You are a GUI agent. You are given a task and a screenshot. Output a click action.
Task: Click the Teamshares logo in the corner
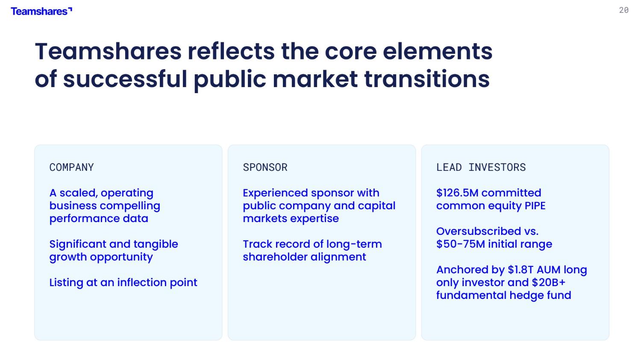point(41,12)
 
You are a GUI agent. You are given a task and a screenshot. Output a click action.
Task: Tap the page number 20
point(624,10)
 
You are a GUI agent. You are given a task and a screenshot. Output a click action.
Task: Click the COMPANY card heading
point(71,167)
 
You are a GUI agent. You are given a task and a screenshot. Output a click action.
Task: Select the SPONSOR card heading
point(265,167)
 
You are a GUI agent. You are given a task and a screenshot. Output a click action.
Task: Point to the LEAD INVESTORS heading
point(481,167)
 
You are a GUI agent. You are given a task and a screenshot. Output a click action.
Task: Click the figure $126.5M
point(457,193)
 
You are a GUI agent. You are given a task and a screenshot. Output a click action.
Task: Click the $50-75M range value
point(461,244)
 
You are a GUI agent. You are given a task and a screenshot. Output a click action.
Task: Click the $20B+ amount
point(549,282)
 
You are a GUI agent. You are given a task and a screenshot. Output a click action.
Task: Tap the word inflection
point(142,282)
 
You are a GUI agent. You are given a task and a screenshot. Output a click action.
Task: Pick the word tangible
point(156,244)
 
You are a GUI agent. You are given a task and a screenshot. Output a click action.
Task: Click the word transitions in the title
point(427,79)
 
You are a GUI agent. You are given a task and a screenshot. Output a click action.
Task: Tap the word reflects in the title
point(231,52)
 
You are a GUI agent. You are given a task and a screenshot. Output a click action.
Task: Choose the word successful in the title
point(125,79)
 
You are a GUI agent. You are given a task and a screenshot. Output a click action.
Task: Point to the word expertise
point(315,219)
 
